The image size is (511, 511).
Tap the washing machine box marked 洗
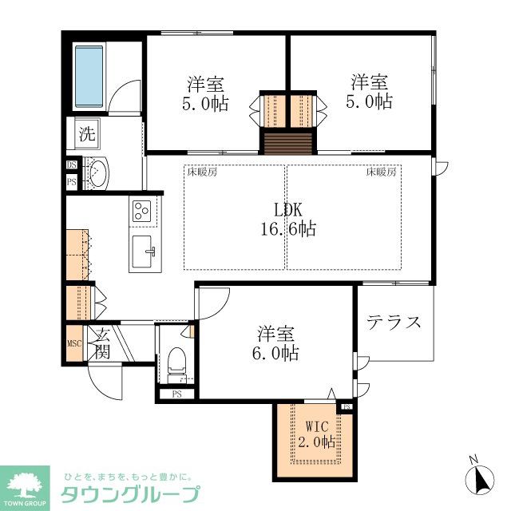(86, 133)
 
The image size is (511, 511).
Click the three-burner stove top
(143, 212)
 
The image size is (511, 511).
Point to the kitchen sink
(144, 253)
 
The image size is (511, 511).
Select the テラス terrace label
(394, 323)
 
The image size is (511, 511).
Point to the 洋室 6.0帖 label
(277, 343)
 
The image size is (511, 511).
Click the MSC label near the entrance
(74, 344)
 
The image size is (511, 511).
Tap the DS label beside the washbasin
(71, 165)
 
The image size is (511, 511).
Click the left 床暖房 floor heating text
(202, 171)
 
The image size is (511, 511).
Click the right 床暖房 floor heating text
(382, 171)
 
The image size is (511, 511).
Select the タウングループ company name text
(131, 493)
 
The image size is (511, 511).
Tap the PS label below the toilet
(176, 394)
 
